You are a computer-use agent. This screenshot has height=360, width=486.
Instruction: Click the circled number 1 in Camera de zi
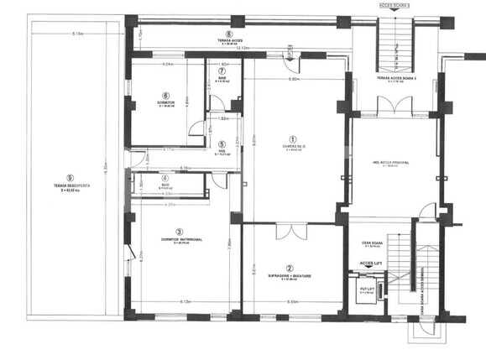[x=292, y=140]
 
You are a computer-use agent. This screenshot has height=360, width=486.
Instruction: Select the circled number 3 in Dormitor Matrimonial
[x=179, y=232]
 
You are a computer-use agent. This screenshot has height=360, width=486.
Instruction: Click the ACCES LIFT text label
[x=372, y=263]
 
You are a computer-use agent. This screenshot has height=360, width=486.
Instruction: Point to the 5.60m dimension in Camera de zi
[x=294, y=80]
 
